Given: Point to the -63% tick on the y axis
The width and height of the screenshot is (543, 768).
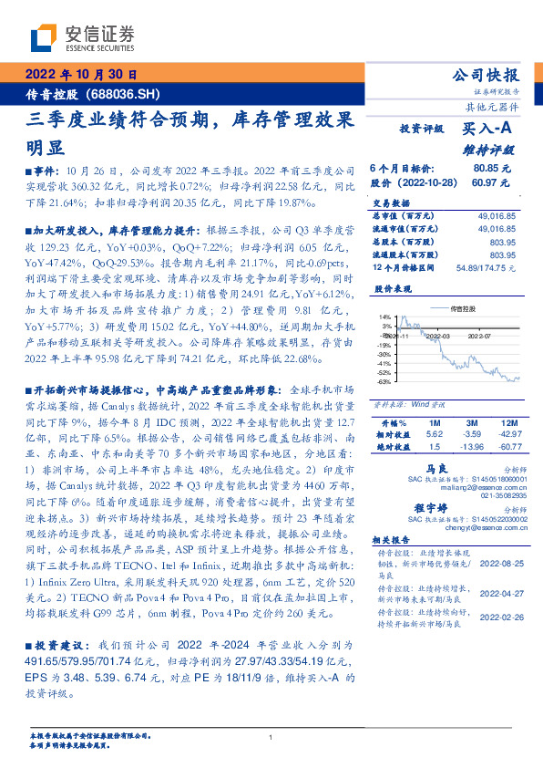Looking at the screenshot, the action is click(x=385, y=382).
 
